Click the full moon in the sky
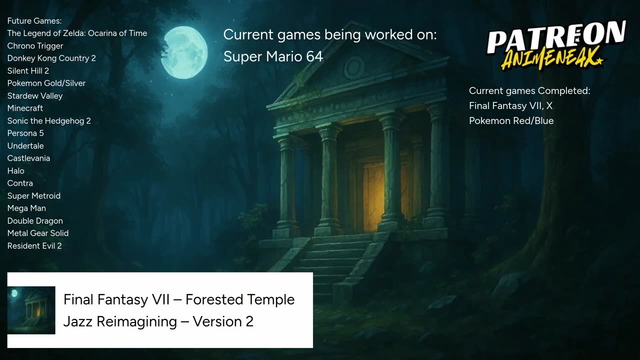pyautogui.click(x=184, y=52)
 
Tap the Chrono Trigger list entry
pyautogui.click(x=35, y=45)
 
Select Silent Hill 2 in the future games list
pyautogui.click(x=28, y=70)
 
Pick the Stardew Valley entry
pyautogui.click(x=35, y=95)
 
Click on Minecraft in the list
pyautogui.click(x=25, y=108)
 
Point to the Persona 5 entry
pyautogui.click(x=25, y=133)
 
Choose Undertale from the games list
pyautogui.click(x=25, y=145)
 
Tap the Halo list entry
pyautogui.click(x=15, y=171)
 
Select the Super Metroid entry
pyautogui.click(x=33, y=195)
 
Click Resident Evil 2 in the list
pyautogui.click(x=34, y=245)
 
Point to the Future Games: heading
pyautogui.click(x=34, y=21)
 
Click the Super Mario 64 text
pyautogui.click(x=273, y=56)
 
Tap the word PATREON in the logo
pyautogui.click(x=556, y=37)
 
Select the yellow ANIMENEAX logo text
pyautogui.click(x=552, y=59)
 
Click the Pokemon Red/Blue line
pyautogui.click(x=511, y=120)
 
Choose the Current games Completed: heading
pyautogui.click(x=529, y=91)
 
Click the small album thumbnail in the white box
pyautogui.click(x=31, y=310)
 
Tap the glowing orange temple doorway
pyautogui.click(x=373, y=197)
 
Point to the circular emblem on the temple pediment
pyautogui.click(x=353, y=67)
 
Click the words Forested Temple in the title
pyautogui.click(x=239, y=299)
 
